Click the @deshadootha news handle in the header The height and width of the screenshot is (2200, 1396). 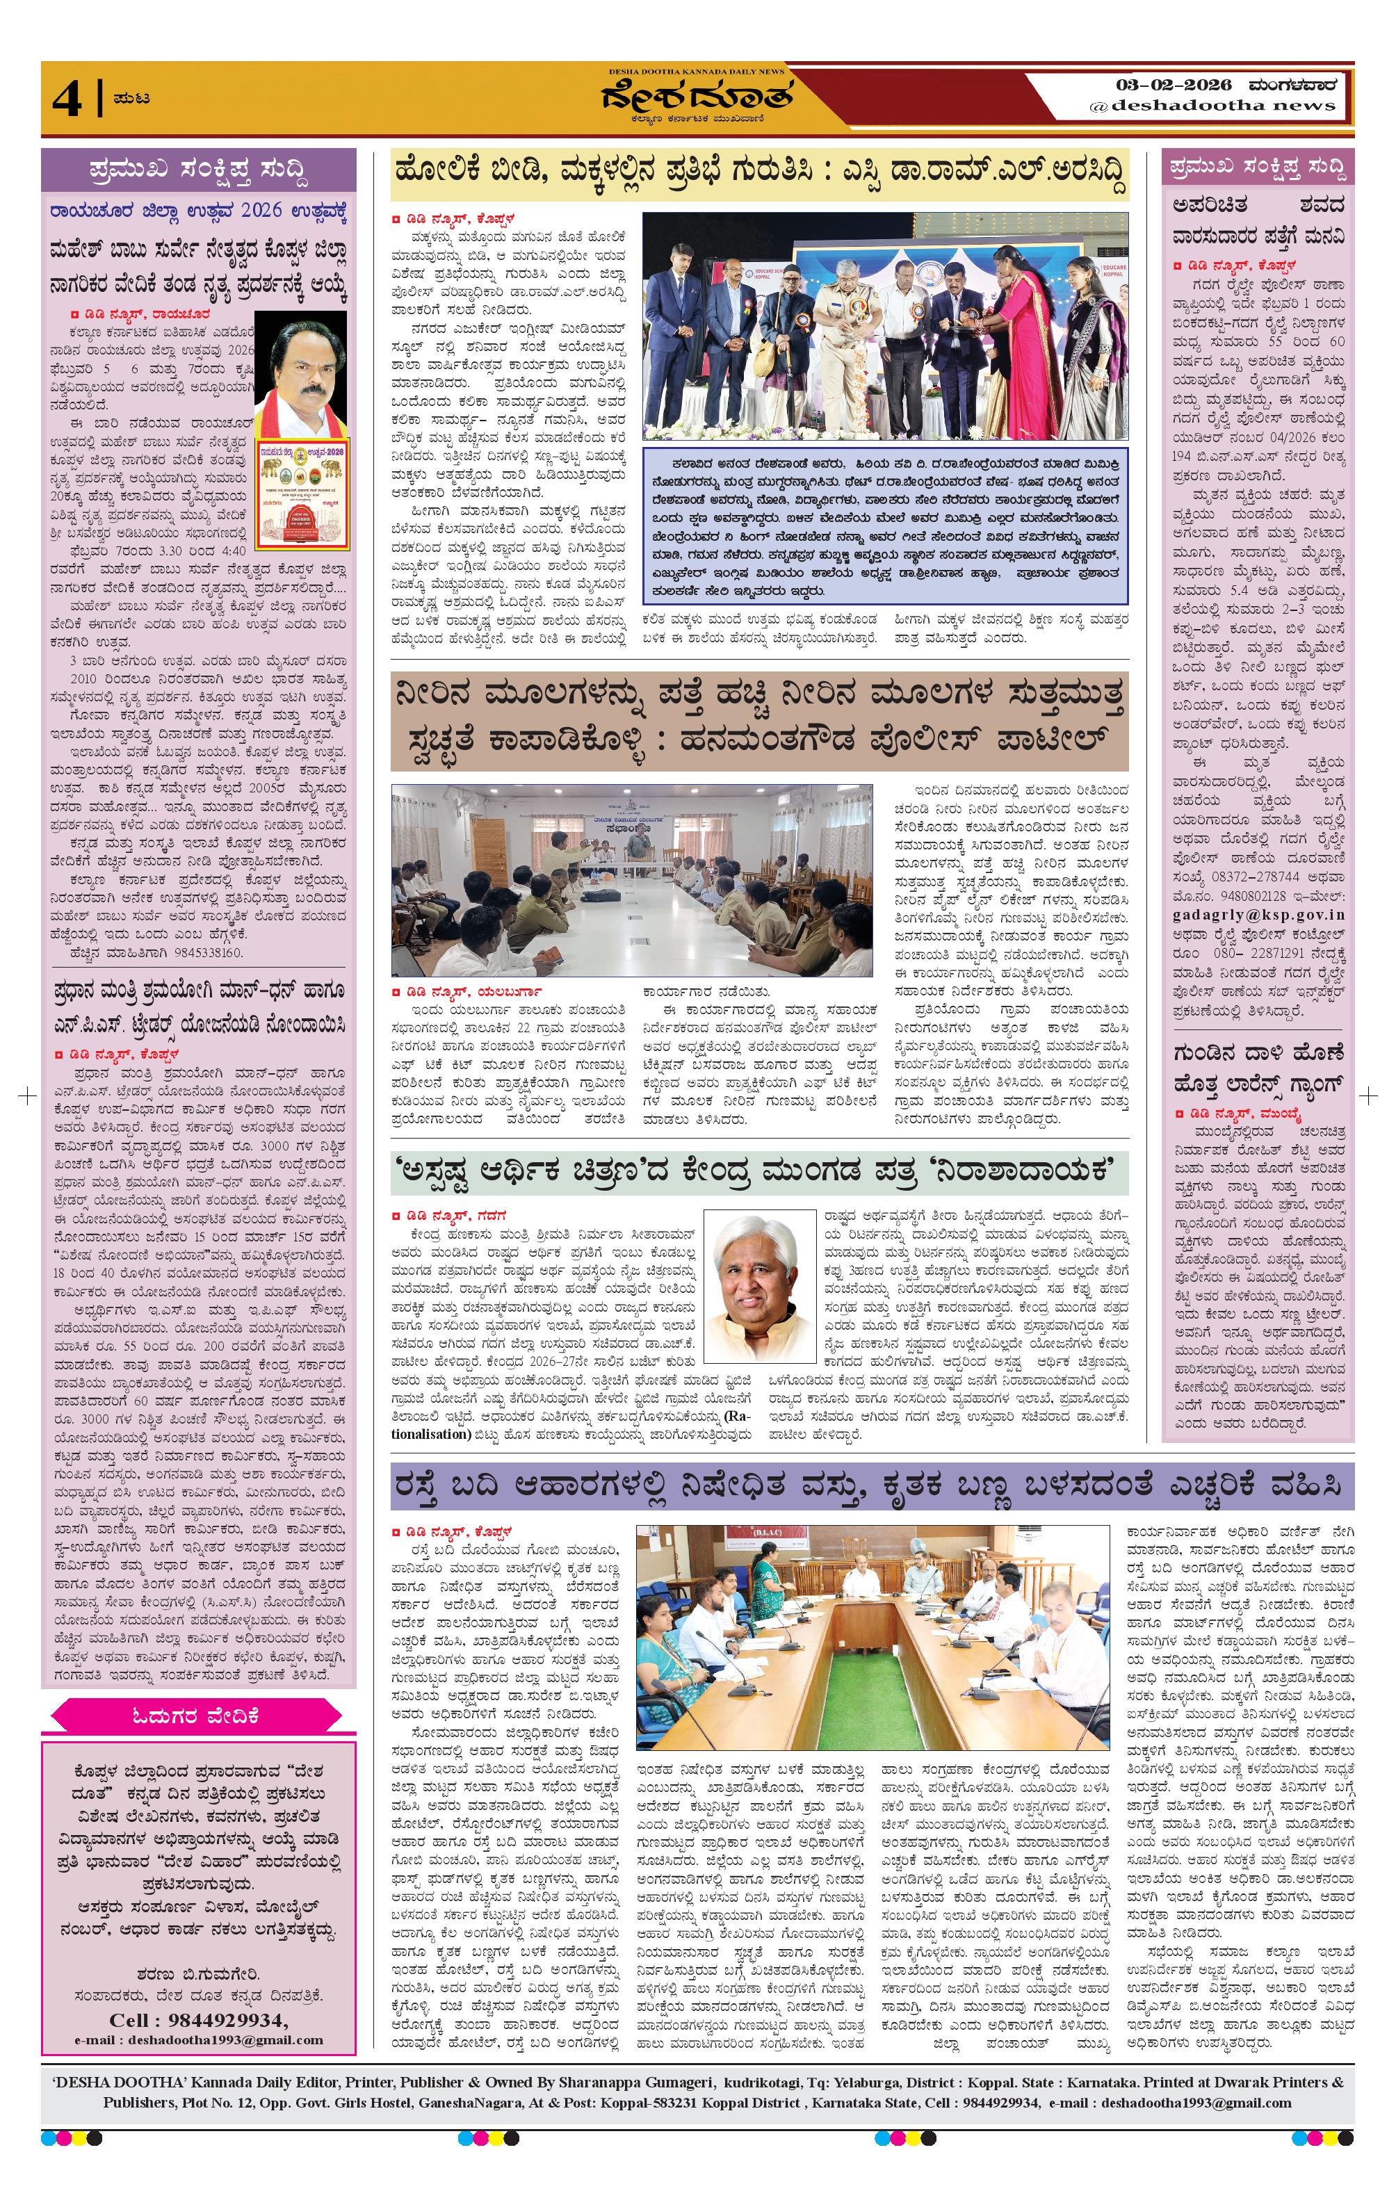(1212, 106)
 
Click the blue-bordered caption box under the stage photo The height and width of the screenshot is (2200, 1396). (884, 523)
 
